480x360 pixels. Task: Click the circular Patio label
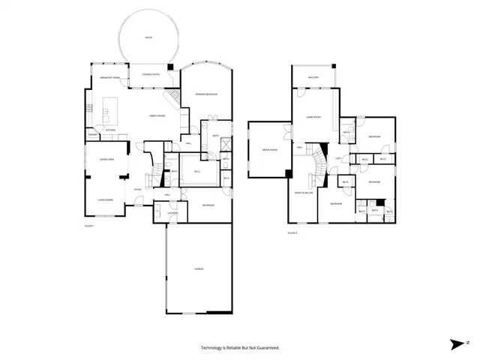tap(148, 37)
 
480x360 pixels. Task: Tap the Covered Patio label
tap(145, 74)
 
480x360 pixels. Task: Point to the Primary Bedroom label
tap(206, 94)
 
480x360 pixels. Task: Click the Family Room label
tap(157, 115)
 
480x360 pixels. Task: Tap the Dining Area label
tap(106, 159)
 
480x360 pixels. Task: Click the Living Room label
tap(105, 199)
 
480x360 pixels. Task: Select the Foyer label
tap(138, 189)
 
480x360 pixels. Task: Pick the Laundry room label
tap(172, 213)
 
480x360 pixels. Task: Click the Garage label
tap(199, 268)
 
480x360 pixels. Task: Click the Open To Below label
tap(302, 192)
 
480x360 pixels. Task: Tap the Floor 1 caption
tap(88, 225)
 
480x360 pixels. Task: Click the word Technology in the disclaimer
tap(213, 348)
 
